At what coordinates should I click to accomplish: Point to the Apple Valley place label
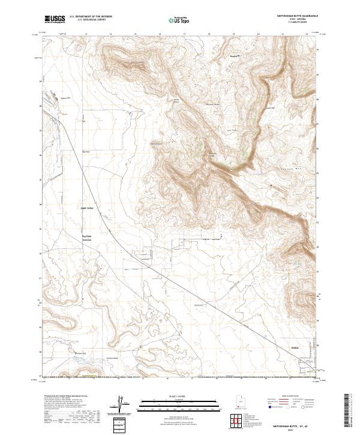[87, 208]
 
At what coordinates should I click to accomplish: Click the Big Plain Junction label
[89, 238]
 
